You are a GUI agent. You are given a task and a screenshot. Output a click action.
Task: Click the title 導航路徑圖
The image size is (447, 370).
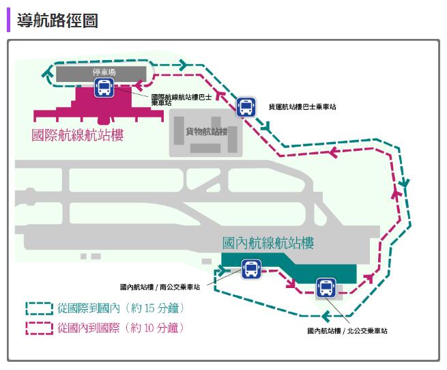(57, 20)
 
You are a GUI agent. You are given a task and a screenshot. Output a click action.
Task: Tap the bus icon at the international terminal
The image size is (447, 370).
(104, 88)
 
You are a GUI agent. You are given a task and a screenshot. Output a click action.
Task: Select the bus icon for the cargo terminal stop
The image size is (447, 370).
(246, 106)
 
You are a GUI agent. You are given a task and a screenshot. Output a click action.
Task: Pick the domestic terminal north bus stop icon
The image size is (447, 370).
(326, 288)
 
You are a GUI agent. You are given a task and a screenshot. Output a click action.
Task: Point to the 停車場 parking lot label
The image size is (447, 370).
(101, 72)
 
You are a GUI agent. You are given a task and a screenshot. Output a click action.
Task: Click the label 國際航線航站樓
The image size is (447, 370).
(78, 134)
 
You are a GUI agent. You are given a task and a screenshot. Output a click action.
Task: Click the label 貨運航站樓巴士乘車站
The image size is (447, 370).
(302, 107)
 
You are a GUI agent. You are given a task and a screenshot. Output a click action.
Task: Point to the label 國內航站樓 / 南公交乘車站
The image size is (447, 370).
(164, 287)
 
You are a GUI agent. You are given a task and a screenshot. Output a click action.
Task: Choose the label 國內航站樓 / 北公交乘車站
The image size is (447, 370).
(347, 331)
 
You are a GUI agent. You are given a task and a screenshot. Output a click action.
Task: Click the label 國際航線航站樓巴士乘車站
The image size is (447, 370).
(175, 100)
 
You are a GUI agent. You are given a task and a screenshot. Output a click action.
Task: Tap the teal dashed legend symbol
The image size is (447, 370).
(39, 308)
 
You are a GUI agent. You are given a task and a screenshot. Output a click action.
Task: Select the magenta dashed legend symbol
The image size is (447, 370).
(39, 328)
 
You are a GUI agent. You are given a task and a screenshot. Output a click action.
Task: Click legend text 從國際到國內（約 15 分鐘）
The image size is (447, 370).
(121, 308)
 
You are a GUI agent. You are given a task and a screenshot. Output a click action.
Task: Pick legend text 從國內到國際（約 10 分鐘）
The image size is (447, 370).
(121, 328)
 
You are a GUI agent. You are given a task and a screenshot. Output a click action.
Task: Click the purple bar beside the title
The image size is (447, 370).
(9, 20)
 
